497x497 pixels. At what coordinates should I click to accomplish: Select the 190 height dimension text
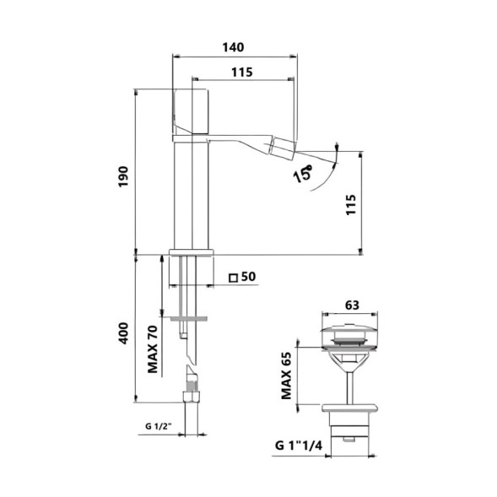coord(122,175)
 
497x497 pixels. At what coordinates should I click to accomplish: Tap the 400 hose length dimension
coord(122,332)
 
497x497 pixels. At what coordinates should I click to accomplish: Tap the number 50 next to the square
coord(248,276)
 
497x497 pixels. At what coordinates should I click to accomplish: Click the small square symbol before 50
coord(233,277)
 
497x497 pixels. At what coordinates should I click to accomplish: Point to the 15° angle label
coord(302,175)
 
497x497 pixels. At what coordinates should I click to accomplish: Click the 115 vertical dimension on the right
coord(351,204)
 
